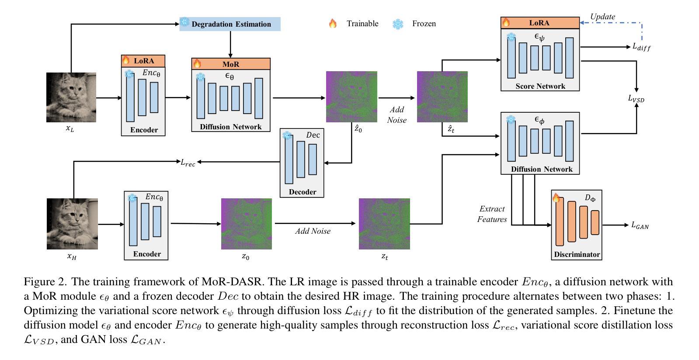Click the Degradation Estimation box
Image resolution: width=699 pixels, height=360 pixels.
point(230,24)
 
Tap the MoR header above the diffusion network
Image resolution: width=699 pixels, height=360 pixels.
point(231,64)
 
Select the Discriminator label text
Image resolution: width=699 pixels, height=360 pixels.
point(577,254)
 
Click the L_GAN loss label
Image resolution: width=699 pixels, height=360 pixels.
point(640,225)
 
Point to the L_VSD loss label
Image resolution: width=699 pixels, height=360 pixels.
point(636,99)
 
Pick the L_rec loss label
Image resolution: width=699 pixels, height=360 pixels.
point(188,162)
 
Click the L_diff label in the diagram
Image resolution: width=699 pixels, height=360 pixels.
point(641,47)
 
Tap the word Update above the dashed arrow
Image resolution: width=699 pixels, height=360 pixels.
point(602,17)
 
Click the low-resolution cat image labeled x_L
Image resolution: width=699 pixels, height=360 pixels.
point(71,97)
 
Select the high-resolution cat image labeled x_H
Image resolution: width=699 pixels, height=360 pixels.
point(72,224)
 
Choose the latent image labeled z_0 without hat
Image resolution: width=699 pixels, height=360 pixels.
point(246,224)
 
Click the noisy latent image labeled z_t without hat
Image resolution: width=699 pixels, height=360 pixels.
point(384,224)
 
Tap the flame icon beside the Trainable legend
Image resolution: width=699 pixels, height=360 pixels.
point(333,24)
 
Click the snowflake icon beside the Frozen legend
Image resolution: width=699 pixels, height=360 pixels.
point(398,24)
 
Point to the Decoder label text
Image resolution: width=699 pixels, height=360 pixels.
point(302,192)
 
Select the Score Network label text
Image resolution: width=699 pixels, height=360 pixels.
point(540,86)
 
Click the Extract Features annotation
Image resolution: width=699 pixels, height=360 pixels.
point(492,214)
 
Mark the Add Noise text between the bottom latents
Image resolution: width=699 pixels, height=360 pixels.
point(313,231)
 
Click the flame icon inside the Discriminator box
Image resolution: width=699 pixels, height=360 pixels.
point(556,198)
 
